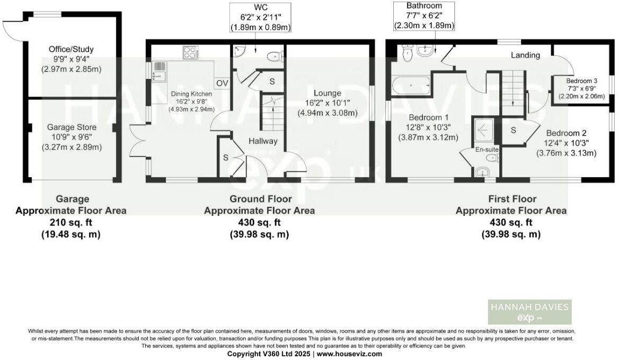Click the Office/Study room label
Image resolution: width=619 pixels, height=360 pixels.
[x=71, y=49]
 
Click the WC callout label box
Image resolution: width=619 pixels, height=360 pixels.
[x=260, y=17]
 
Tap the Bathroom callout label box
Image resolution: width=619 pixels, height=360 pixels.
[x=425, y=15]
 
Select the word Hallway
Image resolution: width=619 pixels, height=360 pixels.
[x=263, y=141]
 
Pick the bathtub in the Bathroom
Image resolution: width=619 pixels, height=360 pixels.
[x=411, y=83]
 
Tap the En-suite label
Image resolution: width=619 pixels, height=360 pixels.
[x=488, y=150]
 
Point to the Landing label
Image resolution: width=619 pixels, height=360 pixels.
[x=525, y=55]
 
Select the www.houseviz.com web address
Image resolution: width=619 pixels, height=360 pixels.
[x=349, y=354]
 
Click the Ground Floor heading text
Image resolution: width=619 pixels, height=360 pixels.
[x=259, y=199]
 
